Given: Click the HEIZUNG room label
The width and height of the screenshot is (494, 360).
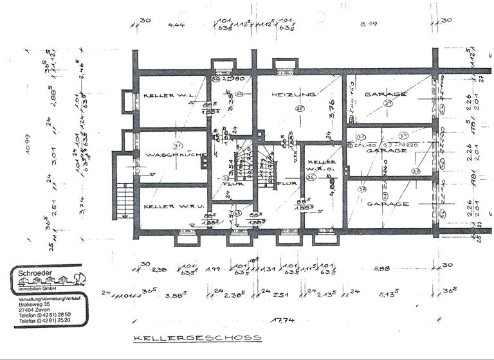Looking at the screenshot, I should click(x=293, y=94).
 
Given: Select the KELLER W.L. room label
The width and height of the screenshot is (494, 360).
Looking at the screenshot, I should click(x=169, y=95).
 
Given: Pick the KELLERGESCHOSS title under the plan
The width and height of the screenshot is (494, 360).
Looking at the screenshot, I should click(x=197, y=337).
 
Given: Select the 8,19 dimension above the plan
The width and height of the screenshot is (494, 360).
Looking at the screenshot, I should click(x=368, y=24).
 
